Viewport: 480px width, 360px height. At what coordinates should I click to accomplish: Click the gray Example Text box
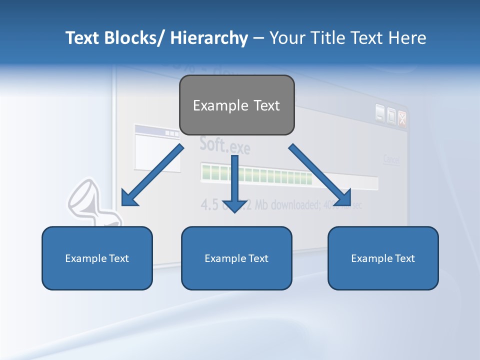236,105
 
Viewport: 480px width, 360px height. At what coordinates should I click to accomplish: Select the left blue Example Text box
97,258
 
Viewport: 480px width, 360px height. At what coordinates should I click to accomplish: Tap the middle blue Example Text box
236,258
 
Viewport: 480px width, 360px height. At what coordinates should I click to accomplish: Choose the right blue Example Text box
383,258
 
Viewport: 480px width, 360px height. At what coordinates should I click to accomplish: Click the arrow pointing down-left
151,176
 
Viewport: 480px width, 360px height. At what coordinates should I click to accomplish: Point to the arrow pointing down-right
320,175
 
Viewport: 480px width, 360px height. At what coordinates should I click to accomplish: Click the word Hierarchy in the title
209,38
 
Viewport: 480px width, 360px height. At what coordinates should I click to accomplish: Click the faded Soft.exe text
224,144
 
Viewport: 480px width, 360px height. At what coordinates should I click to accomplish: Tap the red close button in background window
402,117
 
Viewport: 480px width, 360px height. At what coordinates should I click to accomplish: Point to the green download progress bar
256,174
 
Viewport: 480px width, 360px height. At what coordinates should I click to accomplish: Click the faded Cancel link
391,160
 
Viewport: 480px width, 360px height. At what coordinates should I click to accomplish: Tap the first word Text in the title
81,38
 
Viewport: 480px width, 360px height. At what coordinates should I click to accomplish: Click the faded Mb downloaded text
290,204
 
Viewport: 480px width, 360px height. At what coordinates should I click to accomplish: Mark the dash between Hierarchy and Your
258,38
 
